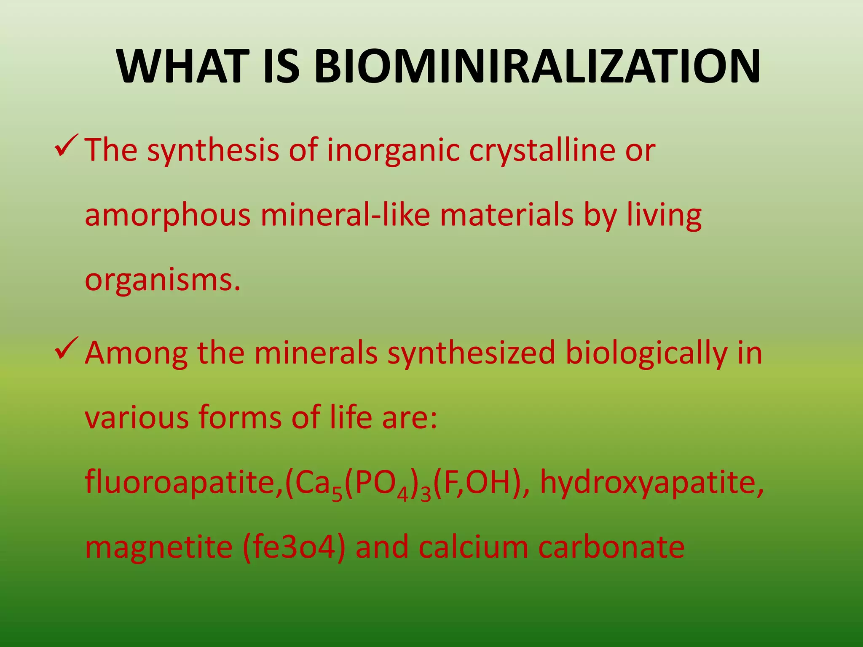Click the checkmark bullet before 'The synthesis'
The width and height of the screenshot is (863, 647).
point(66,146)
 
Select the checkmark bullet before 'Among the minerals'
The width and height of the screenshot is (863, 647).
point(66,349)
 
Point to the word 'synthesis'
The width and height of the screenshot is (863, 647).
point(213,150)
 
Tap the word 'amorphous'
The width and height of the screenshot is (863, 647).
point(168,216)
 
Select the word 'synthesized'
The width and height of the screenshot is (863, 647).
point(471,354)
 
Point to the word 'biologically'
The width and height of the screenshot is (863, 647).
point(646,354)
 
